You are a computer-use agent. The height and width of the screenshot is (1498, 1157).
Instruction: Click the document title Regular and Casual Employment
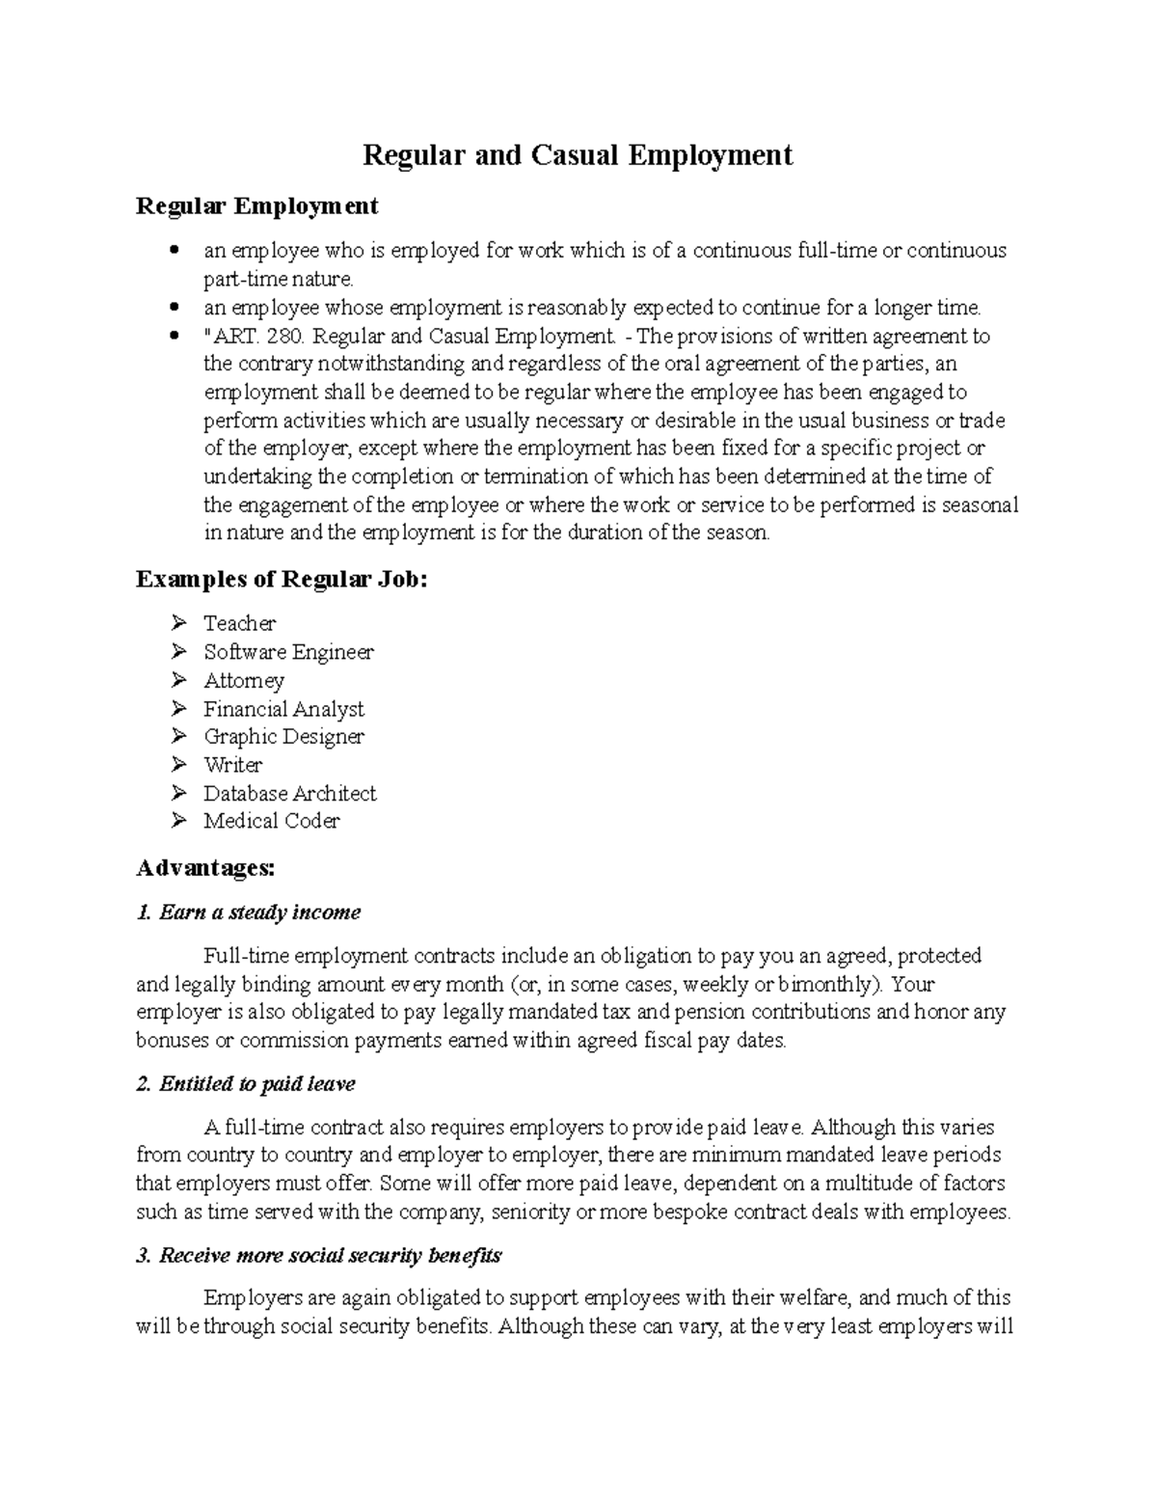click(x=577, y=155)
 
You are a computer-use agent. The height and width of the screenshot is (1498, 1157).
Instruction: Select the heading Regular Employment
click(x=257, y=205)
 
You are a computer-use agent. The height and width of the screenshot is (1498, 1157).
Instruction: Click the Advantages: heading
click(x=205, y=868)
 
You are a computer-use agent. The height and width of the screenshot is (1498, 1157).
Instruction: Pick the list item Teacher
click(x=239, y=623)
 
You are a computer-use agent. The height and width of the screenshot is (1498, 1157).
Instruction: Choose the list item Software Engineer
click(x=288, y=652)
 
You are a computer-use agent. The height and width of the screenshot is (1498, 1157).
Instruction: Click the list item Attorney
click(x=244, y=680)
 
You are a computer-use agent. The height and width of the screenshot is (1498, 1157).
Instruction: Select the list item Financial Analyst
click(x=283, y=709)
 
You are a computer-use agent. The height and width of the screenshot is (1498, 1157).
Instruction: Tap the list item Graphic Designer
click(x=283, y=737)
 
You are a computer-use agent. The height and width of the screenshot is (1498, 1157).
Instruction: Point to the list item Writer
click(x=232, y=765)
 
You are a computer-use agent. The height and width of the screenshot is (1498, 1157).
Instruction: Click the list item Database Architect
click(x=289, y=793)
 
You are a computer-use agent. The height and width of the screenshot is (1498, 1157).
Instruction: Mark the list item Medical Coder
click(x=271, y=821)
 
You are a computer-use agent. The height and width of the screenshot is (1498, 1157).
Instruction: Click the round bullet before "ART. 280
click(x=175, y=337)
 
